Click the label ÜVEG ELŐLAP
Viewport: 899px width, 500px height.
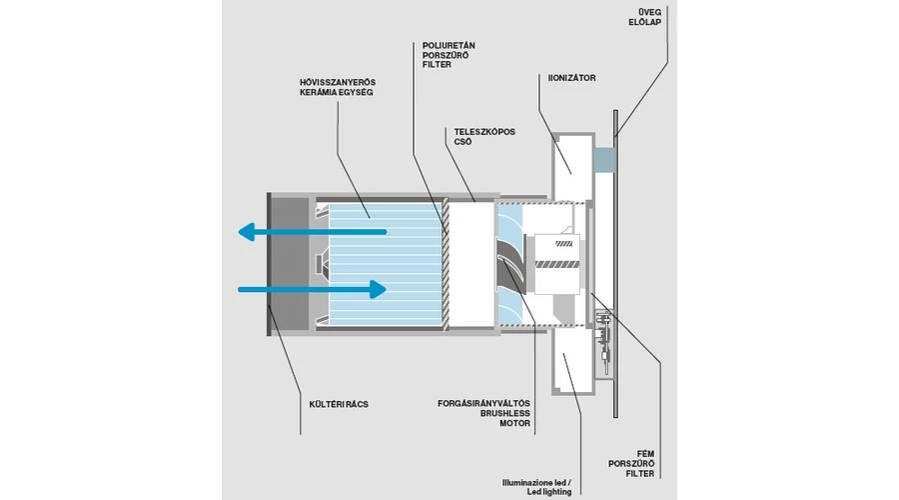(x=644, y=17)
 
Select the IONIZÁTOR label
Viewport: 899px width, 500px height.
(x=571, y=78)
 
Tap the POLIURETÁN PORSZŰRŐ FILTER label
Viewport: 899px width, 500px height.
(x=449, y=55)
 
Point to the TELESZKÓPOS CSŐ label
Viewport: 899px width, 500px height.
(x=484, y=137)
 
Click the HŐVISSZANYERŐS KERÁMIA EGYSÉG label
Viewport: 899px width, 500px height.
(x=338, y=87)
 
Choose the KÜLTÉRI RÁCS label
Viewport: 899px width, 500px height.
(x=339, y=404)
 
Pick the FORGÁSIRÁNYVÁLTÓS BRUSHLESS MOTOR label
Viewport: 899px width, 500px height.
(x=483, y=413)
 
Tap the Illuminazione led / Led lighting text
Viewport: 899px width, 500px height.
(x=536, y=487)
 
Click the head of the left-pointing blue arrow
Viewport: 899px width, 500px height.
(x=247, y=232)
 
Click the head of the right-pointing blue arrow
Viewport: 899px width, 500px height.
(x=378, y=289)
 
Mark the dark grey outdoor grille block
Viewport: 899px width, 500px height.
(x=290, y=264)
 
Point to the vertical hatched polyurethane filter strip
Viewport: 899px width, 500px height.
(x=445, y=264)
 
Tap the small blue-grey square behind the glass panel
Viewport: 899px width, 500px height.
(x=603, y=160)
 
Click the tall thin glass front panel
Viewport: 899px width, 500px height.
(x=615, y=264)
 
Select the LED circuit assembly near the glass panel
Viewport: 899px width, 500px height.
(x=604, y=343)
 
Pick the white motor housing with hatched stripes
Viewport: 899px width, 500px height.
(x=556, y=264)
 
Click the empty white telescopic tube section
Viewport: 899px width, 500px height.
(x=470, y=264)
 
